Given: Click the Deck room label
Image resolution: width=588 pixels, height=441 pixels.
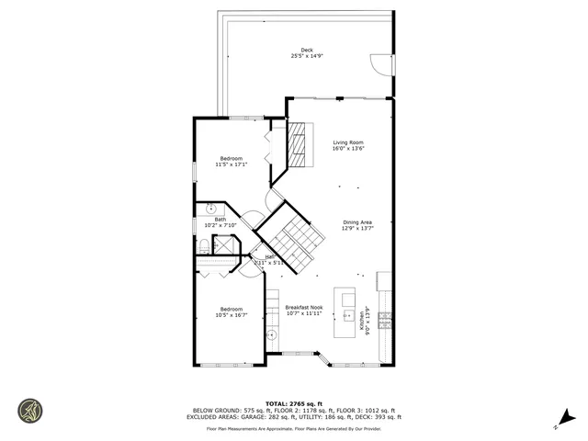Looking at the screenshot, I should point(307,50).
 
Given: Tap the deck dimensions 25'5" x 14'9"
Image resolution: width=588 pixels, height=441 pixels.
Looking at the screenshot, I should point(307,56).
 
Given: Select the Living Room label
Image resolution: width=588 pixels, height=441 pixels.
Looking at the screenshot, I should point(347,142).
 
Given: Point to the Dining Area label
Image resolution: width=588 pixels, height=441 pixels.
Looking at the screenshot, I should point(357,222).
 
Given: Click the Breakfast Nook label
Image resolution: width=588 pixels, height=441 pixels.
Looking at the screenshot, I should point(303,307).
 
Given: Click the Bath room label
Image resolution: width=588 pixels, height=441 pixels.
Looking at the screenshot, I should point(220,220).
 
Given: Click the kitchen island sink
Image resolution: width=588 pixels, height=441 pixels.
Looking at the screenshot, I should point(348,315).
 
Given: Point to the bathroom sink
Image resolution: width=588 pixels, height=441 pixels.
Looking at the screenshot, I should point(210,209).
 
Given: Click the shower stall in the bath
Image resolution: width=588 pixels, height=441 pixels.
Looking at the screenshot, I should point(223,245).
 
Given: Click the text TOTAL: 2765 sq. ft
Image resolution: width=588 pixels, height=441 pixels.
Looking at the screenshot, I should point(293,403).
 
